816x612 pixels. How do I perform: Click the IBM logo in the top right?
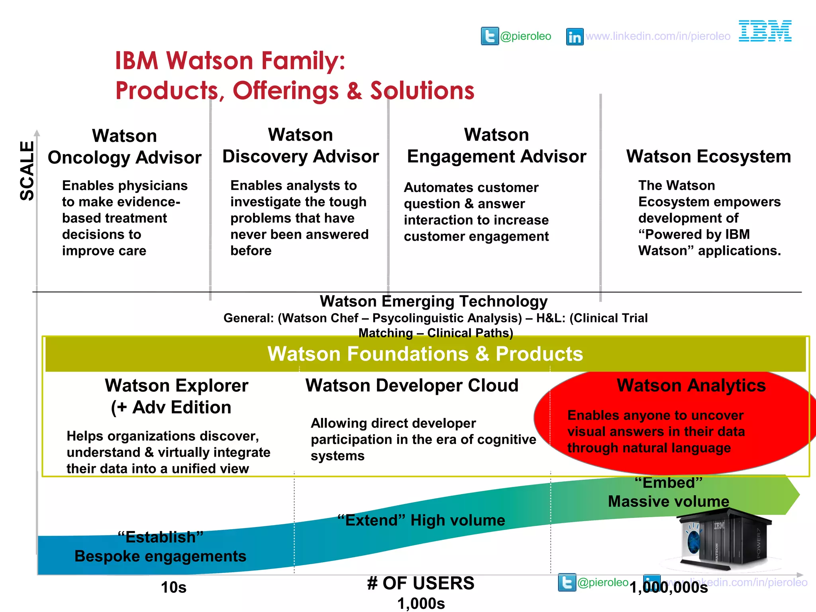[x=765, y=31]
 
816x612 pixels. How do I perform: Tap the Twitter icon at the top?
[x=490, y=36]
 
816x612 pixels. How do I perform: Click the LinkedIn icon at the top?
[x=575, y=37]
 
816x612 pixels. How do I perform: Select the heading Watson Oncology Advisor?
[x=125, y=147]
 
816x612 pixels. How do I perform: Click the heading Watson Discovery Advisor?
[x=300, y=145]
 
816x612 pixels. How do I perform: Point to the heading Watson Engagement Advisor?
[x=496, y=145]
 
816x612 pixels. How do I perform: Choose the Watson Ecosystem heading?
[x=708, y=156]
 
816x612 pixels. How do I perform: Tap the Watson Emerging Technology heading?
[x=433, y=302]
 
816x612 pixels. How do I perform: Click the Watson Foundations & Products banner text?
[x=425, y=354]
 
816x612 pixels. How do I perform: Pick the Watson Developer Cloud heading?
[x=412, y=386]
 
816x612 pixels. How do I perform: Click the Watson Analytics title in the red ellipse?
[x=691, y=386]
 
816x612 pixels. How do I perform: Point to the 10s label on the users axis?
[x=174, y=587]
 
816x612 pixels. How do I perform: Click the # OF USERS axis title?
[x=421, y=583]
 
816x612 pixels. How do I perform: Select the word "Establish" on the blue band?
[x=161, y=537]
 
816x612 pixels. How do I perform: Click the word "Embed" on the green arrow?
[x=668, y=483]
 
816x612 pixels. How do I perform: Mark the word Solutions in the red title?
[x=422, y=90]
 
